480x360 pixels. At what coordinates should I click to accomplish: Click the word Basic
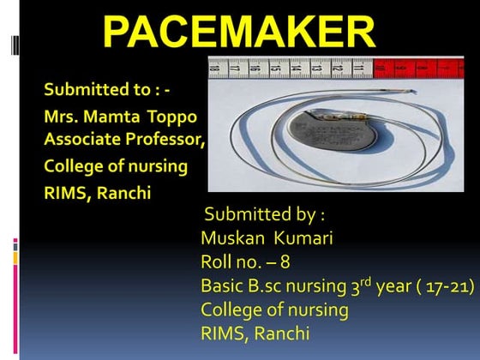[x=222, y=285]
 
